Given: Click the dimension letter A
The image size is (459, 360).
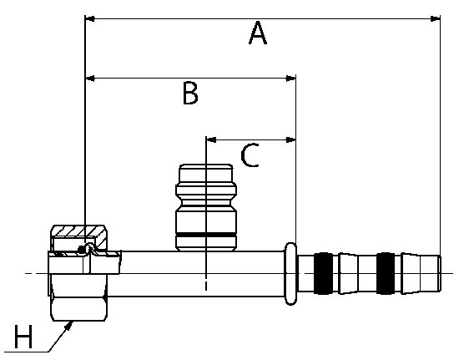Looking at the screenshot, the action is pyautogui.click(x=258, y=33).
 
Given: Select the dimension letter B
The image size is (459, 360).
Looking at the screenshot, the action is pyautogui.click(x=190, y=94).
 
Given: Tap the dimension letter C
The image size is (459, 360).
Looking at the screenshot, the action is pyautogui.click(x=250, y=155).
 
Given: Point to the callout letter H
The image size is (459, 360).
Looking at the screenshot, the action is pyautogui.click(x=23, y=337).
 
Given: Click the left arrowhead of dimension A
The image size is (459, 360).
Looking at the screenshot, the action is pyautogui.click(x=89, y=18).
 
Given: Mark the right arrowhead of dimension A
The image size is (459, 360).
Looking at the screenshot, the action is pyautogui.click(x=435, y=18).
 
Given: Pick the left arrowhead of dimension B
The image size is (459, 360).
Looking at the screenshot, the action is pyautogui.click(x=90, y=79).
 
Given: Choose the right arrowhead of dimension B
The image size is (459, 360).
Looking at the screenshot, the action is pyautogui.click(x=290, y=79).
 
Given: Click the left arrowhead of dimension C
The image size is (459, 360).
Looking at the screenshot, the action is pyautogui.click(x=211, y=139).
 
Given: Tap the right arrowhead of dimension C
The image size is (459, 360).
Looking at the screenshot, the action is pyautogui.click(x=290, y=139).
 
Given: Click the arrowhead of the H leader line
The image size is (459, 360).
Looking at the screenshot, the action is pyautogui.click(x=69, y=325).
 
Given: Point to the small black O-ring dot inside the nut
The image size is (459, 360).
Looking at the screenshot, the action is pyautogui.click(x=81, y=249).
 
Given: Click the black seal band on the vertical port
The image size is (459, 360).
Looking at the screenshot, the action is pyautogui.click(x=206, y=235).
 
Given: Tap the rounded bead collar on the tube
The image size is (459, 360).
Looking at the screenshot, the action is pyautogui.click(x=290, y=274).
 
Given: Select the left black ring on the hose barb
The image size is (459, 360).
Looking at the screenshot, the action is pyautogui.click(x=323, y=273).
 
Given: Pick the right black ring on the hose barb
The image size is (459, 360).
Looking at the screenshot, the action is pyautogui.click(x=386, y=273).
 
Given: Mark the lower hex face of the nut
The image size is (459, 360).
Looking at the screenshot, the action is pyautogui.click(x=79, y=309).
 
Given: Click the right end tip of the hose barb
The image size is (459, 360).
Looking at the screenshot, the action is pyautogui.click(x=440, y=273).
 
